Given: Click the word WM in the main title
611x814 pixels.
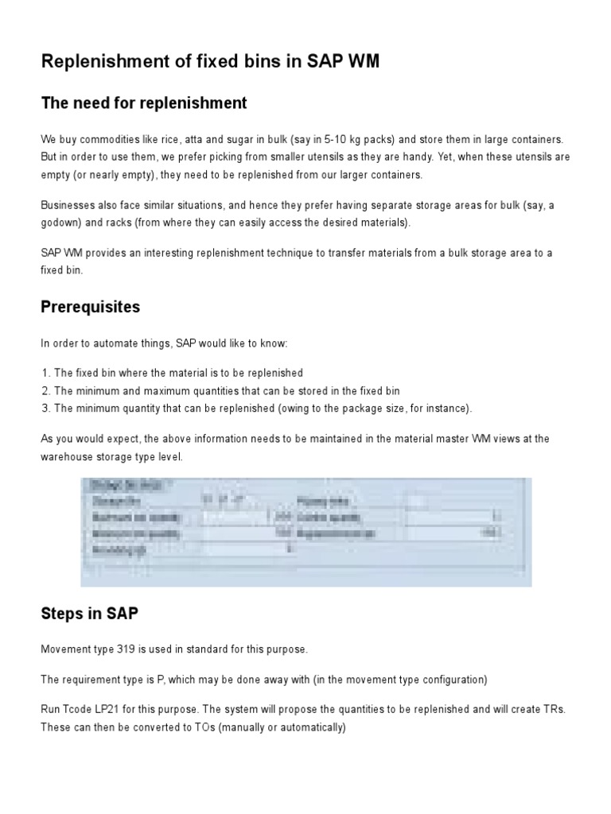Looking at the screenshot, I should (360, 64).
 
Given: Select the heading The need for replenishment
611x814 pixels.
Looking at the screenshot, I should (144, 103).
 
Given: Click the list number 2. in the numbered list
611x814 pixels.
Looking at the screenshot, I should (46, 390).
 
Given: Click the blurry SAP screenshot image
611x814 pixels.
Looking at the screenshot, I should (305, 532).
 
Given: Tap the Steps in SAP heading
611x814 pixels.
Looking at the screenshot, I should (91, 614).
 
